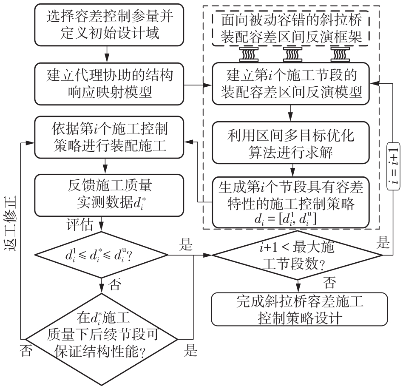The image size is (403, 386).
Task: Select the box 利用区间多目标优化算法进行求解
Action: [291, 143]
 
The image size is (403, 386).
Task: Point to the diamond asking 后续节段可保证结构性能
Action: [102, 336]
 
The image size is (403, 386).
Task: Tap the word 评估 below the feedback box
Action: [79, 224]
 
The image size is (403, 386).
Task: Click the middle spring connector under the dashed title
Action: [292, 54]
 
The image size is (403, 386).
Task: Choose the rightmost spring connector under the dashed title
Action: [339, 54]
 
